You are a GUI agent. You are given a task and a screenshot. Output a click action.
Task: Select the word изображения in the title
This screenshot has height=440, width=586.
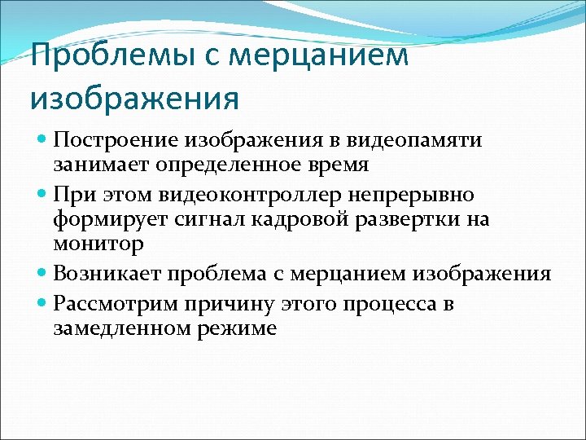pos(134,99)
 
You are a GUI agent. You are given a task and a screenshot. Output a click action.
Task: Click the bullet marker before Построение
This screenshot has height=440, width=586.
pos(42,141)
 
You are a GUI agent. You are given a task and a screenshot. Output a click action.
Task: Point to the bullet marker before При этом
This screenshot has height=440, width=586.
pos(42,196)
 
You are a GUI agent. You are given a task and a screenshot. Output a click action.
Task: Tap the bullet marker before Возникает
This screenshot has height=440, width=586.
pos(42,273)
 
